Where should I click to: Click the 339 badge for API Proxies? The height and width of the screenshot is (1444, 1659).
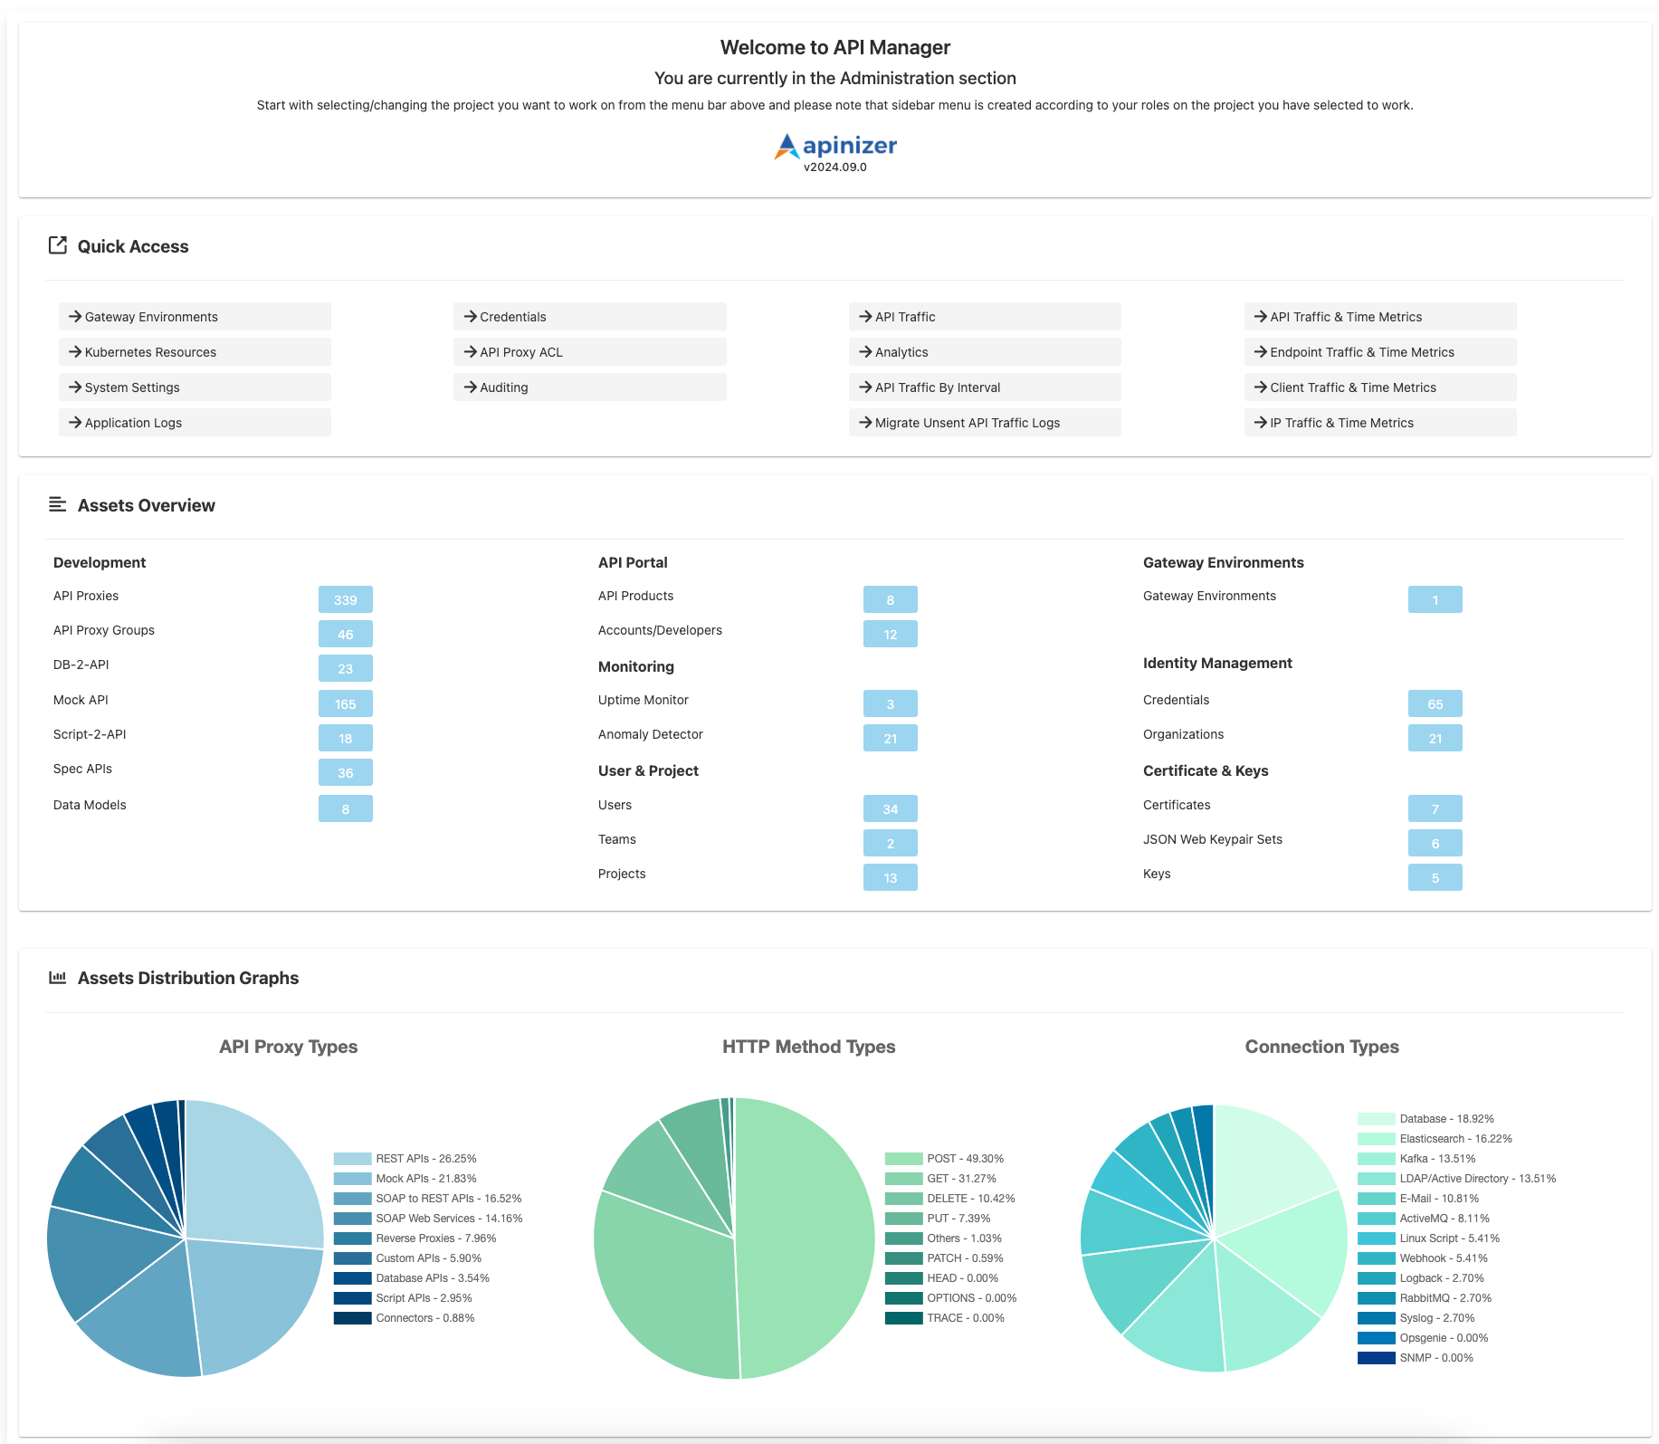[345, 599]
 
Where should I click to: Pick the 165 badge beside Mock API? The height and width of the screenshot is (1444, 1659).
[345, 703]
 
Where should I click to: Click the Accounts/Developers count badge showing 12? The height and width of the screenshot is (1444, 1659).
[890, 634]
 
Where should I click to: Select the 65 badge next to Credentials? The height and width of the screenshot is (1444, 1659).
[1435, 703]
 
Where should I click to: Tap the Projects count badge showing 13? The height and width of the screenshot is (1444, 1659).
[890, 877]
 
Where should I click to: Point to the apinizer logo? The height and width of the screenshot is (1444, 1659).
[835, 146]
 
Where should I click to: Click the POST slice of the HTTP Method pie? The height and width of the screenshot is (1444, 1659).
[806, 1240]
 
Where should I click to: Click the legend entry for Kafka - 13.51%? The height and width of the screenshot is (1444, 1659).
[1436, 1159]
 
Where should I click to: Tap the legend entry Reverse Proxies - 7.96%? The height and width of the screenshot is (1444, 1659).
[435, 1238]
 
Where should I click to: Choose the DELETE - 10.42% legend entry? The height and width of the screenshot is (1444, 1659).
[970, 1199]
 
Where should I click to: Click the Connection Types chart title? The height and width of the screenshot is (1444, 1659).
[1321, 1047]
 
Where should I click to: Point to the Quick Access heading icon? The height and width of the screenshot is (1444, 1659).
[58, 245]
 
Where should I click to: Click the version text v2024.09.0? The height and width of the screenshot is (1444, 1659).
[835, 167]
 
